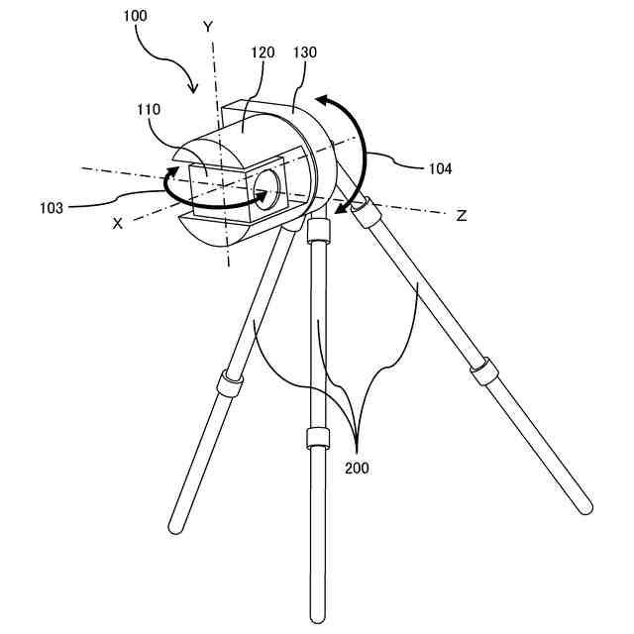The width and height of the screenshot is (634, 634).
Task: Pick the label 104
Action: (x=440, y=168)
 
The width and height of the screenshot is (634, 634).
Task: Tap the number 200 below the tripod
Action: (x=358, y=468)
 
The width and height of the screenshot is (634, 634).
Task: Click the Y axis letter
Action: (x=208, y=28)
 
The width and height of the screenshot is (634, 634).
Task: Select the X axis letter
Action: (x=118, y=224)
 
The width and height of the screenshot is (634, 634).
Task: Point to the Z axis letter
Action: (x=461, y=215)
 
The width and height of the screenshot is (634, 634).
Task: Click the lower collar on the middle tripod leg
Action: (x=317, y=439)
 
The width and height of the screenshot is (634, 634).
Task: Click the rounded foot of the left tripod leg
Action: (x=176, y=521)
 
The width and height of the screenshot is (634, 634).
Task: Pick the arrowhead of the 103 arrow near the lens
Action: (x=263, y=198)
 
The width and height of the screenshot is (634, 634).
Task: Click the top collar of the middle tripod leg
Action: (x=318, y=231)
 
